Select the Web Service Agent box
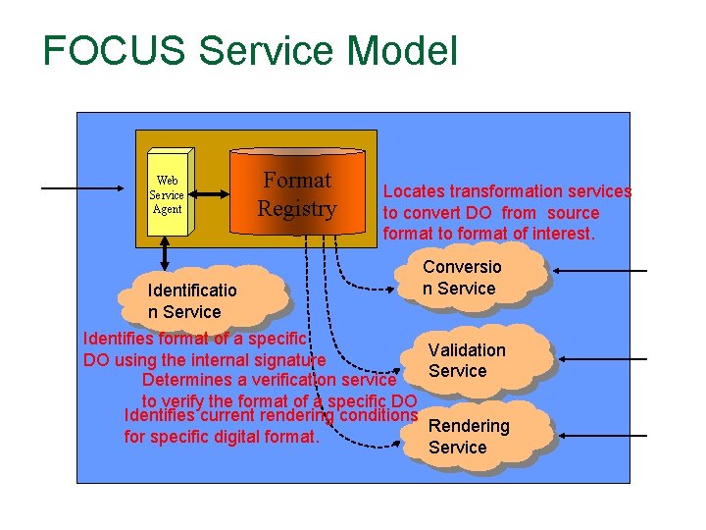(168, 194)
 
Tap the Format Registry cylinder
(297, 194)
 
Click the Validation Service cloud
(469, 359)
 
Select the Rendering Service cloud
(471, 436)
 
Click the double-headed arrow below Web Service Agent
(164, 254)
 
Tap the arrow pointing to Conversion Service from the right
(599, 271)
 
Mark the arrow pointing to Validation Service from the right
(599, 353)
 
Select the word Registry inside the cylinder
(296, 209)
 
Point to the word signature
(279, 359)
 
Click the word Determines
(190, 380)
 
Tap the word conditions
(377, 415)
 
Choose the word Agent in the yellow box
(168, 209)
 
